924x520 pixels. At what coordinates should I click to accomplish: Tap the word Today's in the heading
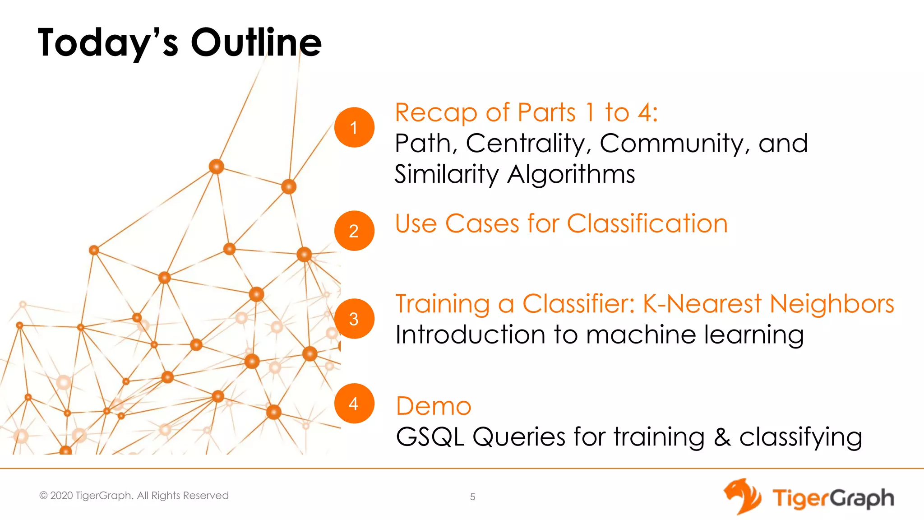pyautogui.click(x=108, y=43)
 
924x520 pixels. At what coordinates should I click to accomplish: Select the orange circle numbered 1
pyautogui.click(x=354, y=127)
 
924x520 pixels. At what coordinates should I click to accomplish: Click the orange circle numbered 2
pyautogui.click(x=354, y=231)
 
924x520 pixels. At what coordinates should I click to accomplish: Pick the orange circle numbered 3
pyautogui.click(x=354, y=319)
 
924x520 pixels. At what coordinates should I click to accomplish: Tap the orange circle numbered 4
pyautogui.click(x=354, y=403)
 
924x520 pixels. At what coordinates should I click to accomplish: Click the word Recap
pyautogui.click(x=436, y=113)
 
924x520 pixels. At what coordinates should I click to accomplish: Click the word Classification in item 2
pyautogui.click(x=647, y=224)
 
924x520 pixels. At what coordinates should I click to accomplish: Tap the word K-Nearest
pyautogui.click(x=702, y=303)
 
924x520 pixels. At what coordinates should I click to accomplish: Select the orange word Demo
pyautogui.click(x=434, y=406)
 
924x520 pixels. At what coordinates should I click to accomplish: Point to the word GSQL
pyautogui.click(x=430, y=437)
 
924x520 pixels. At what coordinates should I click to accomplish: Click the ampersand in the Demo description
pyautogui.click(x=722, y=437)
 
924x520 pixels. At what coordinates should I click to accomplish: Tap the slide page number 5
pyautogui.click(x=472, y=497)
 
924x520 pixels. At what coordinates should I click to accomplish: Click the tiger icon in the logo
pyautogui.click(x=742, y=497)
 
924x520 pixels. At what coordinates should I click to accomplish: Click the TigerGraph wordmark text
pyautogui.click(x=833, y=499)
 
